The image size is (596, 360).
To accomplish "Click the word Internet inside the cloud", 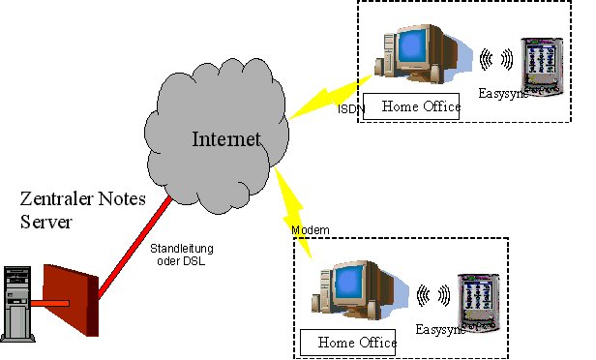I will (225, 140).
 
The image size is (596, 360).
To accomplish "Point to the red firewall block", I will (73, 302).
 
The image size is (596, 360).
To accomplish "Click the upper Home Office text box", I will (414, 107).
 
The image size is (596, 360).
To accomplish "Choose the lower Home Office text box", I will (349, 343).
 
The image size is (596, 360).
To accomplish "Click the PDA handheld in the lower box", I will (476, 298).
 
